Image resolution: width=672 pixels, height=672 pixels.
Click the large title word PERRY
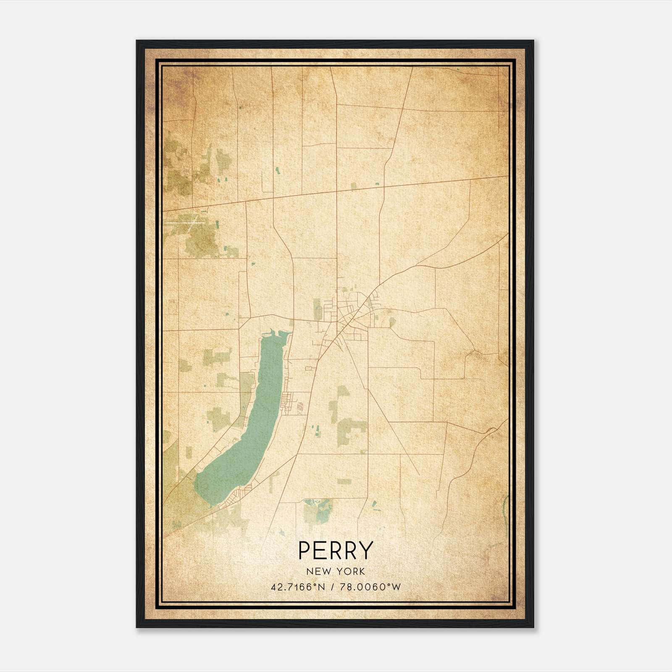pos(336,550)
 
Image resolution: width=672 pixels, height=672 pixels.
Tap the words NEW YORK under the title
pos(336,572)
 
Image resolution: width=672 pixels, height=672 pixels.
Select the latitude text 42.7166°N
pos(298,587)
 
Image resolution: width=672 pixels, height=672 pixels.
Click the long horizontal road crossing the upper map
pos(336,192)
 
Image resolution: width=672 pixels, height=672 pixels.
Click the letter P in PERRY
pos(304,550)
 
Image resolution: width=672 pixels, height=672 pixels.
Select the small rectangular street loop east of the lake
pos(311,368)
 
